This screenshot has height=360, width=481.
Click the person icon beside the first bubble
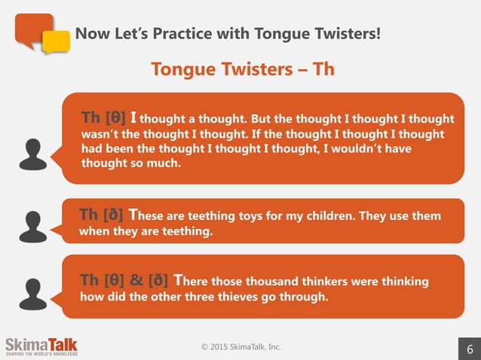pyautogui.click(x=33, y=154)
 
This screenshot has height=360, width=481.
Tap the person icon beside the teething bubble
pyautogui.click(x=33, y=226)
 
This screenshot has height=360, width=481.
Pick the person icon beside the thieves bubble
pyautogui.click(x=33, y=293)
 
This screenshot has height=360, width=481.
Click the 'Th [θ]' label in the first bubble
pyautogui.click(x=103, y=118)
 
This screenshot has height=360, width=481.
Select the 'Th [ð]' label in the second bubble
pyautogui.click(x=103, y=216)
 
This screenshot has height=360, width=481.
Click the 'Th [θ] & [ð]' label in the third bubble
pyautogui.click(x=124, y=281)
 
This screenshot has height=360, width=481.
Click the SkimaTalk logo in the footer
pyautogui.click(x=41, y=346)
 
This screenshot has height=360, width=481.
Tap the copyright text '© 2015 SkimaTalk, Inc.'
pyautogui.click(x=240, y=346)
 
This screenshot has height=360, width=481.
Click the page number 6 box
pyautogui.click(x=470, y=349)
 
